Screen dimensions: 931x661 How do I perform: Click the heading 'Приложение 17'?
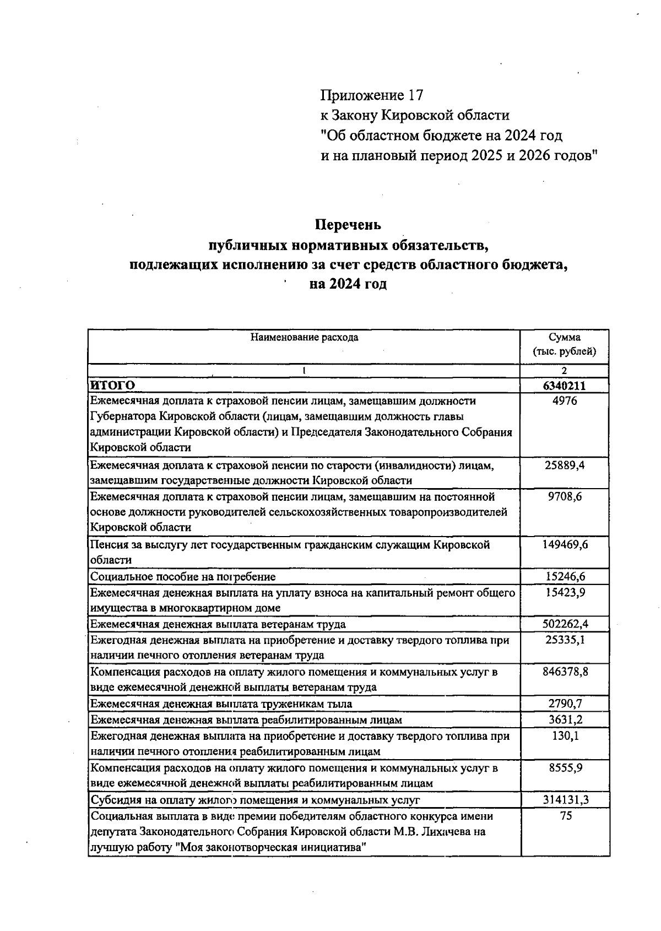(x=372, y=95)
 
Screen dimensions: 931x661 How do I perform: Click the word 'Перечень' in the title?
(x=348, y=225)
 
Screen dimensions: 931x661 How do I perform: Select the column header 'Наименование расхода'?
(x=304, y=337)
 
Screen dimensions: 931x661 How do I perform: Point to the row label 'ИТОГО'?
(x=113, y=385)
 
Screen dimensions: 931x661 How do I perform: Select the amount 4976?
(x=565, y=401)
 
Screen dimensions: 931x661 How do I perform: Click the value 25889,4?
(x=565, y=465)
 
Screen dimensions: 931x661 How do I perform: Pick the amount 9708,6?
(x=565, y=497)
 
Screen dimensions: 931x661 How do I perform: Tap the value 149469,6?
(x=565, y=545)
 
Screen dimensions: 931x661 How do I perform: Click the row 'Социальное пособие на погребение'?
(x=183, y=577)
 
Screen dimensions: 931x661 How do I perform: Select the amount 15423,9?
(x=565, y=593)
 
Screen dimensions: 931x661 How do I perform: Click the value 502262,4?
(x=565, y=624)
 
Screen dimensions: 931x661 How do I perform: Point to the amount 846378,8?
(x=565, y=672)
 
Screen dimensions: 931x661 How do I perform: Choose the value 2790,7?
(x=565, y=703)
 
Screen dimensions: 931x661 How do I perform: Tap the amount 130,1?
(x=566, y=736)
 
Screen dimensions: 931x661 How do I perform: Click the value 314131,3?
(x=565, y=799)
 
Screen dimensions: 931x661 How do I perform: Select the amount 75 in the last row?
(x=566, y=816)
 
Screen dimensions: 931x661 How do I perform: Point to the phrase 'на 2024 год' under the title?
(x=348, y=284)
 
